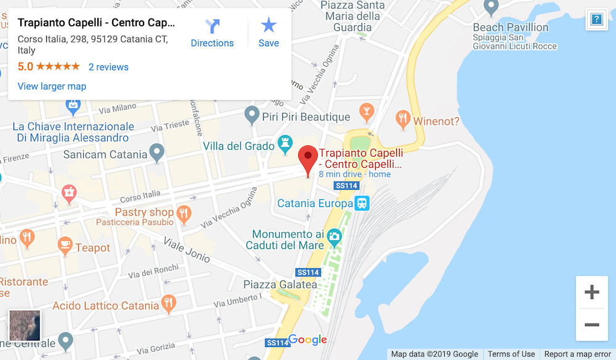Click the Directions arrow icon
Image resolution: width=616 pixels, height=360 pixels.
click(213, 26)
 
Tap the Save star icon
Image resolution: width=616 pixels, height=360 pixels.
click(269, 25)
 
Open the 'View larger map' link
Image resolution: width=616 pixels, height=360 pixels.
click(52, 86)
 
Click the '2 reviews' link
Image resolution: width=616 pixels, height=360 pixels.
click(108, 67)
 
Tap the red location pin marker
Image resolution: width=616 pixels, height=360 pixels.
click(307, 159)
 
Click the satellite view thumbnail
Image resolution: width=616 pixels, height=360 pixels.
click(25, 325)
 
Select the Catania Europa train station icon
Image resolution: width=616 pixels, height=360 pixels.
click(362, 203)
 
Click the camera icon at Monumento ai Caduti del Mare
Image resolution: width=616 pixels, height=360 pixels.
click(334, 235)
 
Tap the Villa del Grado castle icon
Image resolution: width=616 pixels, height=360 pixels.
click(285, 144)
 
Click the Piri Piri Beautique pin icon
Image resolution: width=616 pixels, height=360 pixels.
click(251, 114)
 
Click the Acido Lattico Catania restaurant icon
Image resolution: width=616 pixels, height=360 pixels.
click(169, 303)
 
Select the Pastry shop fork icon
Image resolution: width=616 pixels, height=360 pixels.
click(183, 214)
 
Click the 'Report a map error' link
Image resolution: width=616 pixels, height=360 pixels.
click(577, 354)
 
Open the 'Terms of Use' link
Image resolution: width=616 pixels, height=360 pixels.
click(511, 354)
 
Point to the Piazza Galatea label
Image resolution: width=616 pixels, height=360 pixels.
click(280, 285)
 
